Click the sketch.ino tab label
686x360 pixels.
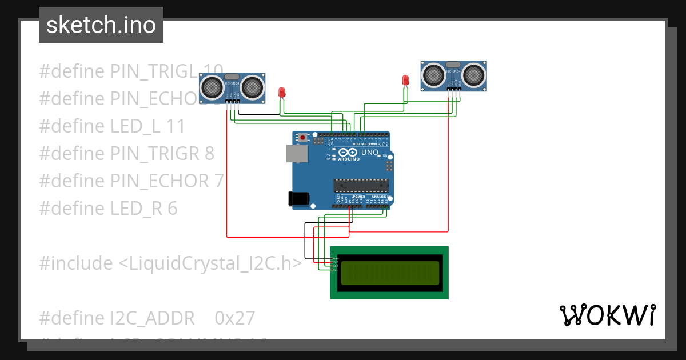click(x=101, y=25)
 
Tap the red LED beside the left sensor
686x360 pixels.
click(x=281, y=92)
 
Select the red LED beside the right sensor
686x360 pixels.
click(x=406, y=80)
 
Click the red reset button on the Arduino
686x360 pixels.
click(x=302, y=137)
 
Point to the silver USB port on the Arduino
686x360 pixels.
click(x=296, y=153)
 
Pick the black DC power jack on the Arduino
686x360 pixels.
click(x=298, y=198)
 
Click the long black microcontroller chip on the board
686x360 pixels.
click(x=361, y=186)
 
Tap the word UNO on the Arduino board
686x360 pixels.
click(x=369, y=153)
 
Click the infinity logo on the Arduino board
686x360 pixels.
click(x=348, y=153)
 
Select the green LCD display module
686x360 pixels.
click(x=389, y=273)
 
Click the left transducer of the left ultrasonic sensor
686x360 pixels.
click(x=213, y=87)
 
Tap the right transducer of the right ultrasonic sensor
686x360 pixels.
click(x=474, y=74)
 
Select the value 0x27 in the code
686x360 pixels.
click(x=234, y=318)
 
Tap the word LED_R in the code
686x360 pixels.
click(x=136, y=209)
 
